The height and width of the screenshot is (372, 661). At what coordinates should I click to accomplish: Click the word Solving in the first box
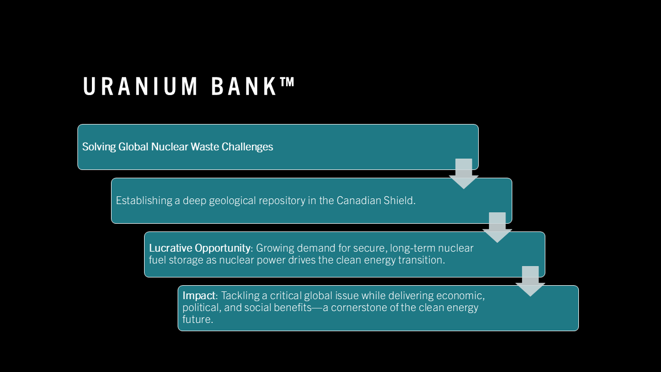click(x=99, y=147)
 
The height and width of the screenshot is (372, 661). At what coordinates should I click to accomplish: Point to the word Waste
click(x=205, y=147)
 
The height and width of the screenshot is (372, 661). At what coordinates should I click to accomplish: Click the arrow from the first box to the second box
click(x=464, y=174)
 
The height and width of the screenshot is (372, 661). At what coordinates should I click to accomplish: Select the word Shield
click(x=400, y=200)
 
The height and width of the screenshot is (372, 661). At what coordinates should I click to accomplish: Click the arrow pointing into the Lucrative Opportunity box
click(x=497, y=227)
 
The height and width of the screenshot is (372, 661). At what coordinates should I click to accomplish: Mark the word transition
click(x=421, y=260)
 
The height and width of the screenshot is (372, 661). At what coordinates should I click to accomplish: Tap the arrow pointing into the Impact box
click(x=530, y=281)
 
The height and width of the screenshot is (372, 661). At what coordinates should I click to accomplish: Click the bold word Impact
click(x=199, y=296)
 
